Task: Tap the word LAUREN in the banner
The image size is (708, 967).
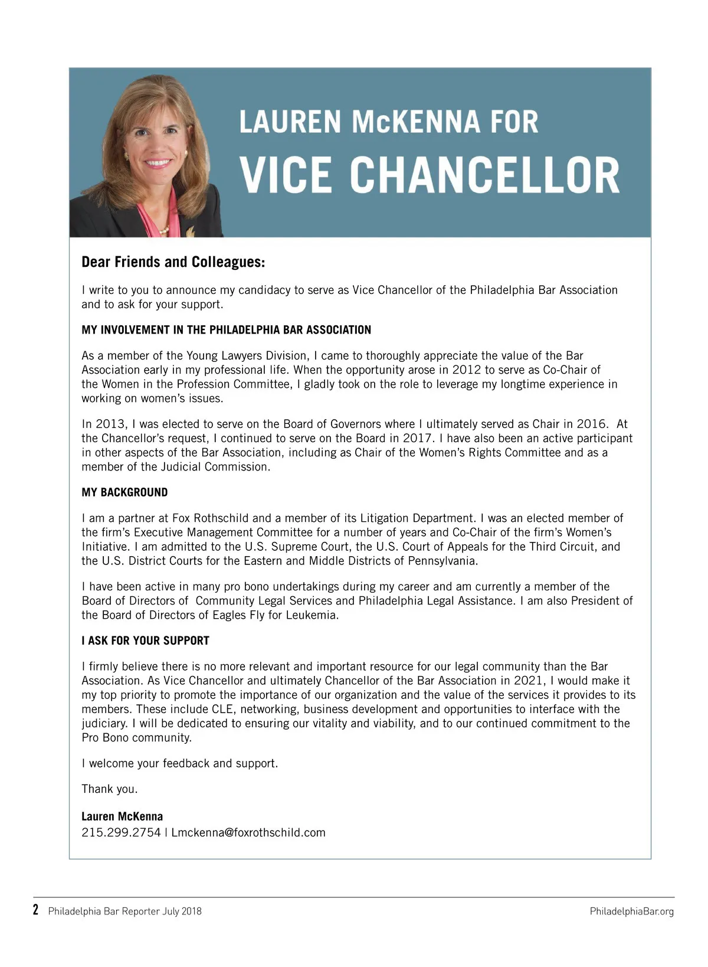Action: tap(290, 122)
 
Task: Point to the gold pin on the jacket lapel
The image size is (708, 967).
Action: tap(190, 231)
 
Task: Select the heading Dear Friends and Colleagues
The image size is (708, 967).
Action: tap(173, 262)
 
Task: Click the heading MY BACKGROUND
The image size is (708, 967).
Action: tap(124, 492)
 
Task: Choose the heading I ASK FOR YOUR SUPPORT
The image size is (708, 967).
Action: tap(145, 641)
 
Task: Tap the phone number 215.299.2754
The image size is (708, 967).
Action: tap(121, 832)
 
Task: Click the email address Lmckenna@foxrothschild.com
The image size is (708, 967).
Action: tap(248, 832)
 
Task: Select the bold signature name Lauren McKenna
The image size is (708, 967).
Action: tap(122, 816)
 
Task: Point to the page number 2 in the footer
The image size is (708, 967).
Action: tap(36, 910)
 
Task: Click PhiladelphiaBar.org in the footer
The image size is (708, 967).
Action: tap(631, 912)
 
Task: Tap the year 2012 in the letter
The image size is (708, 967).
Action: tap(467, 370)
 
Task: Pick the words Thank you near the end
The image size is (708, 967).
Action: tap(109, 789)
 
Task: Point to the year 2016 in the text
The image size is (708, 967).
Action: tap(591, 424)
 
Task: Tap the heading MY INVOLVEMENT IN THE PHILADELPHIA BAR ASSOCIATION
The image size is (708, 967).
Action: tap(226, 330)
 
